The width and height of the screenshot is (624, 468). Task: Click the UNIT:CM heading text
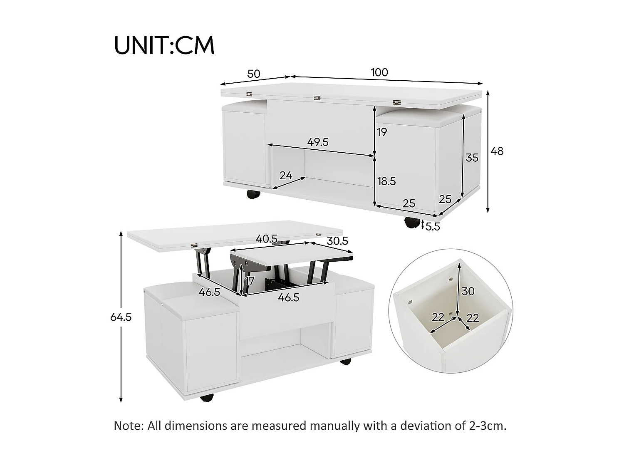[164, 46]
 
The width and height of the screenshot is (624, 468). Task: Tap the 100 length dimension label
[379, 72]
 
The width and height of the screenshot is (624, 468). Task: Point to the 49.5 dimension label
[318, 142]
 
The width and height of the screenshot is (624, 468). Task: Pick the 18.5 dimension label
[386, 181]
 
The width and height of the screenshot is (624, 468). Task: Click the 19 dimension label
[382, 132]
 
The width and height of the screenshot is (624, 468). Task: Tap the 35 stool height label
[472, 158]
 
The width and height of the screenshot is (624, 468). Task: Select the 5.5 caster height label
[433, 227]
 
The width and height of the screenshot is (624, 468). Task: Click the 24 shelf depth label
[286, 176]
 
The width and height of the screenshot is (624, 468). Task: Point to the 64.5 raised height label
[121, 317]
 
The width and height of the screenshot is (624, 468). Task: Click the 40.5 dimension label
[267, 239]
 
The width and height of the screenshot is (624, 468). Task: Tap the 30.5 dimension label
[337, 240]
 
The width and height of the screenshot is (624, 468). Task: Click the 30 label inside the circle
[468, 291]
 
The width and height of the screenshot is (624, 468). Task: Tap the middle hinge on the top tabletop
[317, 98]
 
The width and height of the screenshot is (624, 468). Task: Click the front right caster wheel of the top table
[412, 223]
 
